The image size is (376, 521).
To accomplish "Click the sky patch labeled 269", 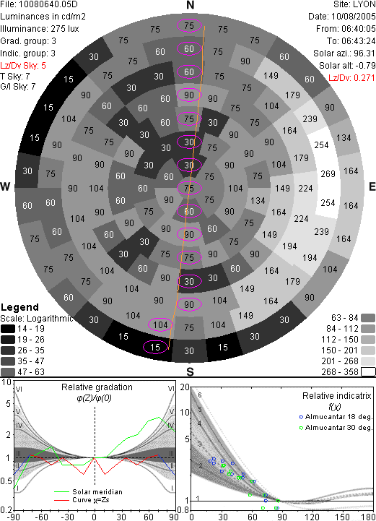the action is pyautogui.click(x=328, y=173).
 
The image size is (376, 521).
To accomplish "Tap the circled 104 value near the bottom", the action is pyautogui.click(x=160, y=324).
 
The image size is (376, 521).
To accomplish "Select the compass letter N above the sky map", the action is pyautogui.click(x=190, y=5).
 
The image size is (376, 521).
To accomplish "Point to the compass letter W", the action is pyautogui.click(x=5, y=186).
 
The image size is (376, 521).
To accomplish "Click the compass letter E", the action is pyautogui.click(x=372, y=186).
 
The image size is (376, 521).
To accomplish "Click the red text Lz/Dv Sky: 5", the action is pyautogui.click(x=23, y=66).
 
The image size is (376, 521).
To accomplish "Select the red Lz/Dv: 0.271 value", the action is pyautogui.click(x=351, y=78).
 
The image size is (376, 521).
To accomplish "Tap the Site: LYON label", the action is pyautogui.click(x=354, y=4).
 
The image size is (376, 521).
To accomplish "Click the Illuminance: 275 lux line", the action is pyautogui.click(x=40, y=29).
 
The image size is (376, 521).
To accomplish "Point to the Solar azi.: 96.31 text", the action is pyautogui.click(x=344, y=53).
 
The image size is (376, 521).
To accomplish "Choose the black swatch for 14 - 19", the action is pyautogui.click(x=8, y=329).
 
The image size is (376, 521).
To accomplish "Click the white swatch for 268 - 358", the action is pyautogui.click(x=368, y=371).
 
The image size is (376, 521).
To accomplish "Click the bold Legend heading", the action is pyautogui.click(x=19, y=307).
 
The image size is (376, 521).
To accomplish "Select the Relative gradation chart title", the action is pyautogui.click(x=97, y=387).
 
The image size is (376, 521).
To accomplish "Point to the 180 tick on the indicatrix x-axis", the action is pyautogui.click(x=368, y=517).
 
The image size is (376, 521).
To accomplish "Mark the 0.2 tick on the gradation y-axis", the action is pyautogui.click(x=6, y=510).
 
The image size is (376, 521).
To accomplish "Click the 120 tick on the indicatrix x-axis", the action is pyautogui.click(x=312, y=517).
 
